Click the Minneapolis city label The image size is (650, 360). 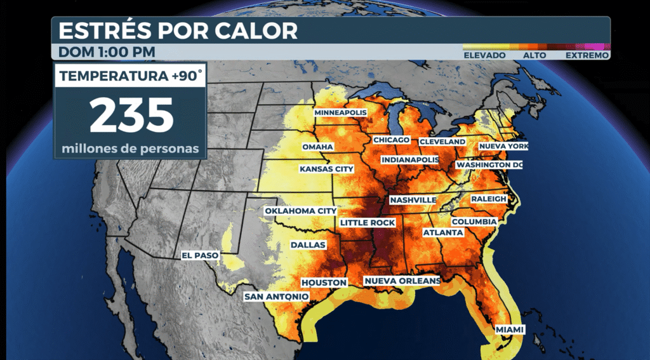341,112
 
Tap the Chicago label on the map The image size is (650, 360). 392,140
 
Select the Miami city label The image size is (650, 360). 510,330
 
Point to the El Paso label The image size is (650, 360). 200,255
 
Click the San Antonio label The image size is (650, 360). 277,297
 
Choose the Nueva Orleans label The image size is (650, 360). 402,281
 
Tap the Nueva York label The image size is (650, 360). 503,146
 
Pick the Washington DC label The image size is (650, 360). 489,165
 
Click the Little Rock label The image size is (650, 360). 368,223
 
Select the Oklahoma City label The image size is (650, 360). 300,211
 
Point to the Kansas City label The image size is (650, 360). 326,170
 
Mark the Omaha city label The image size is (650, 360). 317,147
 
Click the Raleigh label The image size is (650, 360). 489,199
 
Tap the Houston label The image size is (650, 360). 324,283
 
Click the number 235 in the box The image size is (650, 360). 131,115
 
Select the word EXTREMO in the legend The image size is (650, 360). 587,56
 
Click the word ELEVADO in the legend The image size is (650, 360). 484,56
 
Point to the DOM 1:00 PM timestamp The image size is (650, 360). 107,51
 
